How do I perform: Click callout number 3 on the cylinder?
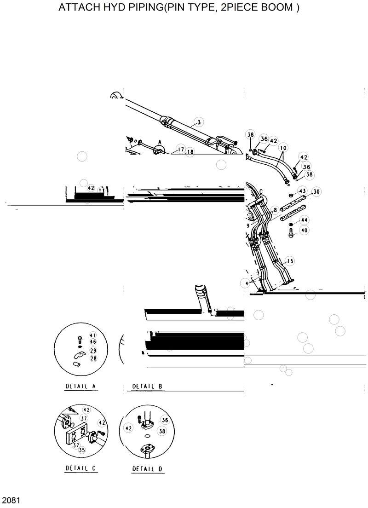click(x=198, y=122)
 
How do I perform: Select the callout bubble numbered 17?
click(x=180, y=150)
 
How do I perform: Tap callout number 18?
click(x=190, y=152)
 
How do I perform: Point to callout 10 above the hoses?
click(x=282, y=148)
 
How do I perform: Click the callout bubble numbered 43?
click(x=302, y=191)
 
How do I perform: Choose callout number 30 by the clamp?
click(x=316, y=191)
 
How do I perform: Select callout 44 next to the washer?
click(x=305, y=220)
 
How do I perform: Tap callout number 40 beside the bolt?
click(x=305, y=230)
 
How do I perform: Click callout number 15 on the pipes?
click(x=289, y=261)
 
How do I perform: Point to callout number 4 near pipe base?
click(x=247, y=283)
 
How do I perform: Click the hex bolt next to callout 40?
click(x=291, y=234)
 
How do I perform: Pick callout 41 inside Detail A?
click(x=92, y=335)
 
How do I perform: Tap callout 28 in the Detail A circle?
click(x=93, y=358)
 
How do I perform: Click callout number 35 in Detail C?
click(x=82, y=450)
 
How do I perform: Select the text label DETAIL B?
click(x=147, y=386)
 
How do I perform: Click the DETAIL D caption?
click(x=148, y=469)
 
